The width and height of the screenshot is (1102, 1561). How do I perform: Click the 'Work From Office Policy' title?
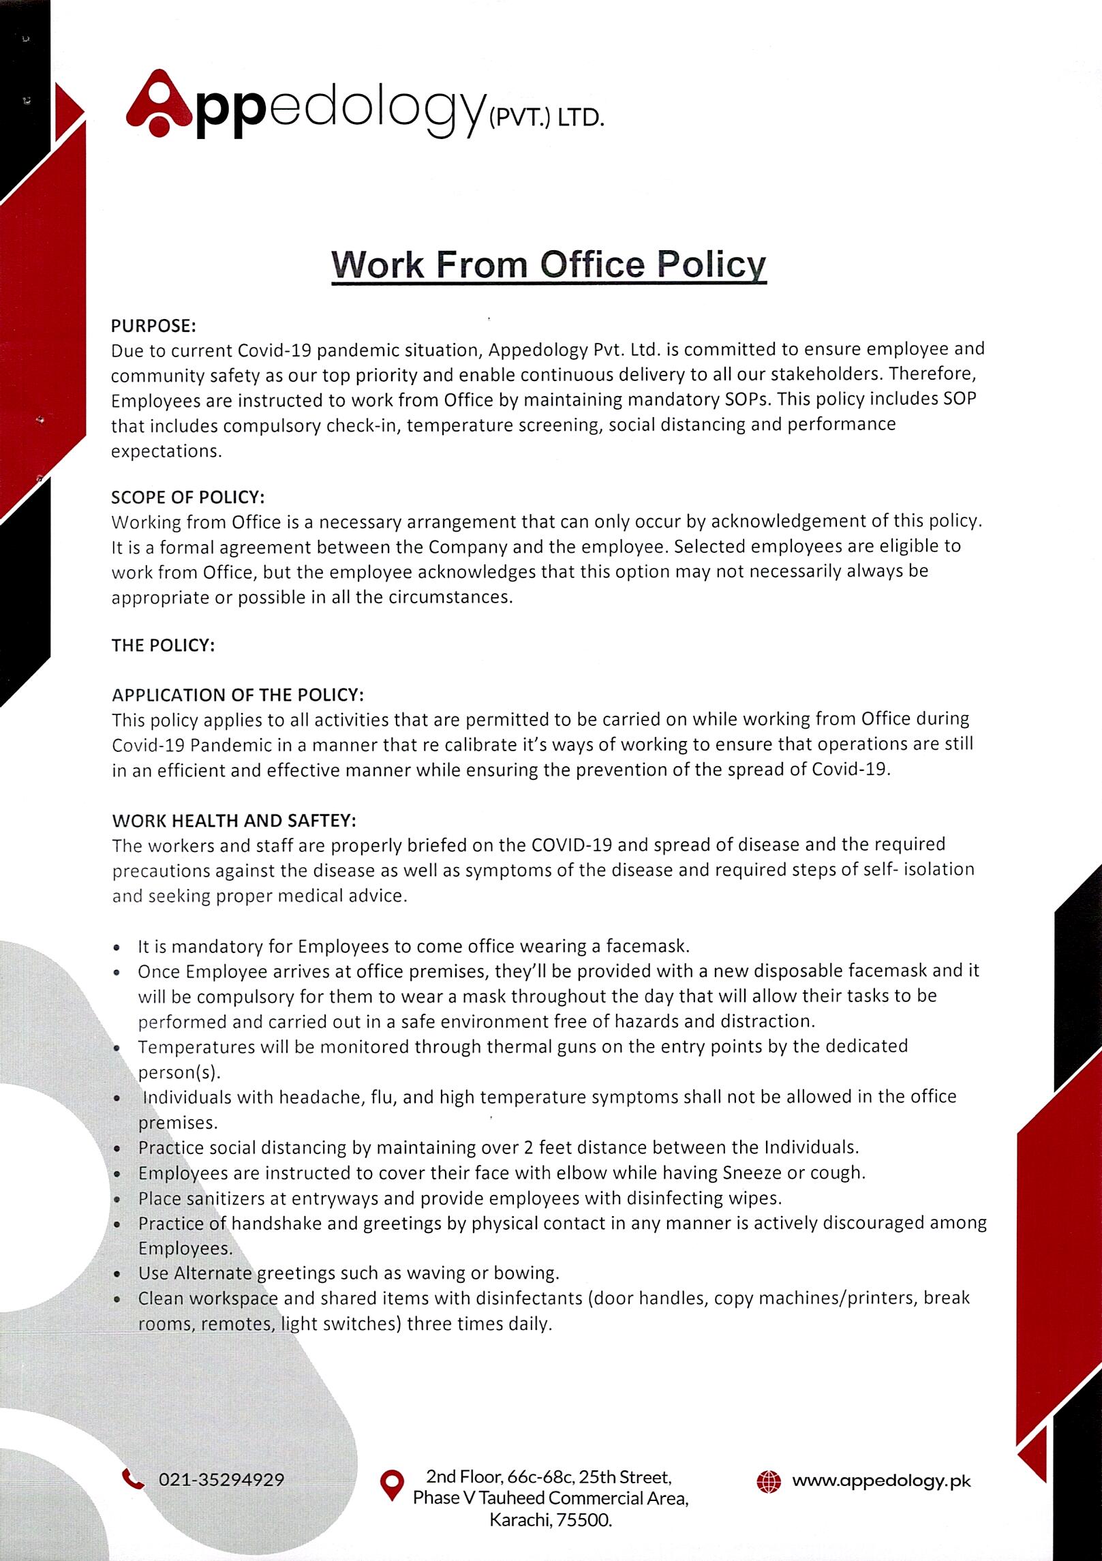[549, 264]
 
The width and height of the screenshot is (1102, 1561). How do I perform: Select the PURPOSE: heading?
[154, 325]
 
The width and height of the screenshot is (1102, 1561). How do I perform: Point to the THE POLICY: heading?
[164, 645]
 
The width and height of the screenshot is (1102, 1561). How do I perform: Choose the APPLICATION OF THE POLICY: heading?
[238, 695]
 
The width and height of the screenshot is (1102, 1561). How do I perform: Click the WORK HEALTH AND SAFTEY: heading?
[234, 819]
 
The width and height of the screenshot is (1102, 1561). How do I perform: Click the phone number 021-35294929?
[221, 1480]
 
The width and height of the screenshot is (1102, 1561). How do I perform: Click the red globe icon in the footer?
[769, 1481]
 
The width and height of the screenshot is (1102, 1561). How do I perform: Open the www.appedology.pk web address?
[881, 1481]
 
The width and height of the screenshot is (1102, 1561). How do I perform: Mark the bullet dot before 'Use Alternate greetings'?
[119, 1273]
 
